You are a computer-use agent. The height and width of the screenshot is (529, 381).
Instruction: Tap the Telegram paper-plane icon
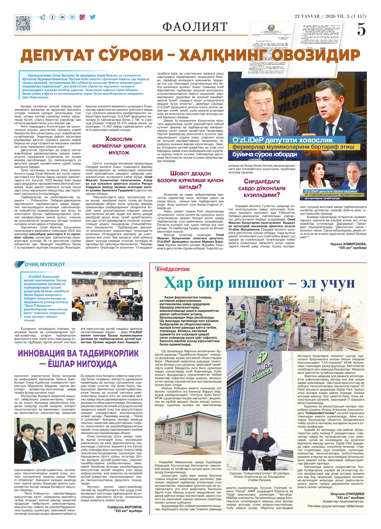tap(43, 17)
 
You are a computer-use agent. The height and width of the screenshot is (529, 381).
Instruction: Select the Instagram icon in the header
tap(82, 17)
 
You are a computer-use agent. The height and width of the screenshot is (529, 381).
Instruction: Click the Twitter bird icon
tap(92, 17)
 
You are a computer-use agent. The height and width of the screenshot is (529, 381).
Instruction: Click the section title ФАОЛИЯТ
tap(195, 26)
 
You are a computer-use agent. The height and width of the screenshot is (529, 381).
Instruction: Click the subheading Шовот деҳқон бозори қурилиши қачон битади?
tap(190, 180)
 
